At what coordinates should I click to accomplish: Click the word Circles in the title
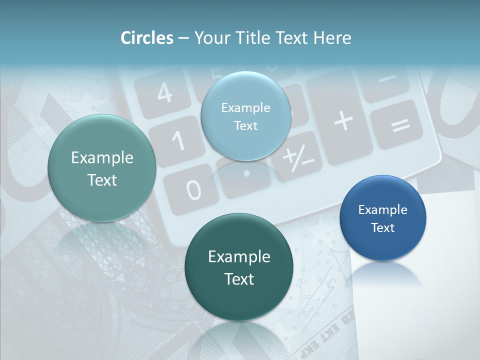point(147,38)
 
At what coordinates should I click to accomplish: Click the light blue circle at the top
point(245,116)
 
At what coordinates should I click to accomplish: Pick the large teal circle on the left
point(102,168)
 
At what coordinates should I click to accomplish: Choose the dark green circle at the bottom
point(239,267)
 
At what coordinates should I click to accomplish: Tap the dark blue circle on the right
point(382,218)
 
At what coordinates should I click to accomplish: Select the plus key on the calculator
point(343,121)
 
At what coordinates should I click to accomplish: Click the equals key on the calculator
point(399,124)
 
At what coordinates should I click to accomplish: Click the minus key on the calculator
point(385,78)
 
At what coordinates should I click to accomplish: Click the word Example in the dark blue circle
point(382,209)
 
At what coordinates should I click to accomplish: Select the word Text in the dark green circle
point(239,278)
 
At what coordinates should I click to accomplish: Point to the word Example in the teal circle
point(102,158)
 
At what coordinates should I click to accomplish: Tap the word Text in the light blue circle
point(245,125)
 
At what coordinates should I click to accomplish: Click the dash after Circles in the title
point(183,38)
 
